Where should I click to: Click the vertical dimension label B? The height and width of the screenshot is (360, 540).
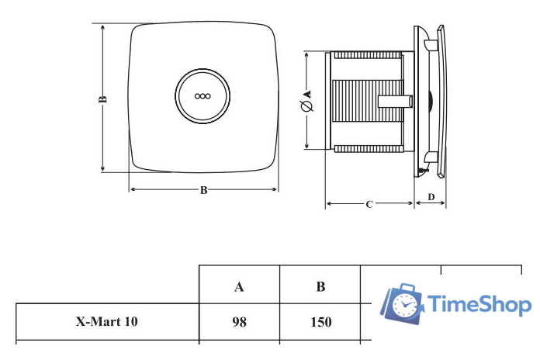[x=102, y=99]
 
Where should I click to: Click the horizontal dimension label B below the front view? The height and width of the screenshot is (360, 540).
[x=203, y=190]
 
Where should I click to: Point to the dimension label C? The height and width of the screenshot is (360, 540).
[x=369, y=204]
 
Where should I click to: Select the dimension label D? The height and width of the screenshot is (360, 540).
[x=431, y=196]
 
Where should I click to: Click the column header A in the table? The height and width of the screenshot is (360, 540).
[x=240, y=286]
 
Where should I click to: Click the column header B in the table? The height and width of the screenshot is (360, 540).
[x=320, y=286]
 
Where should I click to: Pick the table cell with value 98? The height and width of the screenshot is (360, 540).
[x=240, y=321]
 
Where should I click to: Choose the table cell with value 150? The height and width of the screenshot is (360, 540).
[x=320, y=321]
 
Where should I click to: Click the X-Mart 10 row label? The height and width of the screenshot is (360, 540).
[x=108, y=321]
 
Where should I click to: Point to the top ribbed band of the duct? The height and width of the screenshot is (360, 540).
[x=369, y=56]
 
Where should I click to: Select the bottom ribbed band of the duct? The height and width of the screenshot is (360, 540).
[x=369, y=147]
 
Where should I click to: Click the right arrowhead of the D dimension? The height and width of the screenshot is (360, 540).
[x=444, y=204]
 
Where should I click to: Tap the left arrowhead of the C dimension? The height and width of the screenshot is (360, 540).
[x=327, y=204]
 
